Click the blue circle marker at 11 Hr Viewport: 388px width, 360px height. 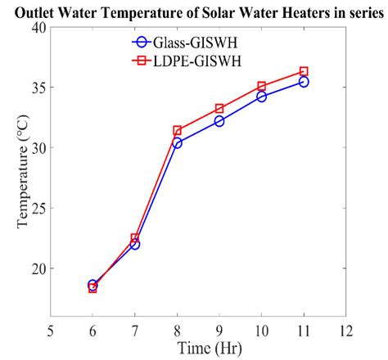pos(304,82)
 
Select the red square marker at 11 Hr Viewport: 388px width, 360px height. pos(304,71)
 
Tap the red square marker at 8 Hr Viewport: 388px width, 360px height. pos(177,130)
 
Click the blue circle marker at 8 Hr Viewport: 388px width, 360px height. pos(177,142)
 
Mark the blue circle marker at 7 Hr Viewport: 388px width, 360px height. pos(134,244)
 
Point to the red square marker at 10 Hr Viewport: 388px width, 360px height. pos(262,86)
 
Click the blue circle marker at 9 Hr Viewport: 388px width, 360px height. pos(219,121)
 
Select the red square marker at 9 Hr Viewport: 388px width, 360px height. pos(219,108)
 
